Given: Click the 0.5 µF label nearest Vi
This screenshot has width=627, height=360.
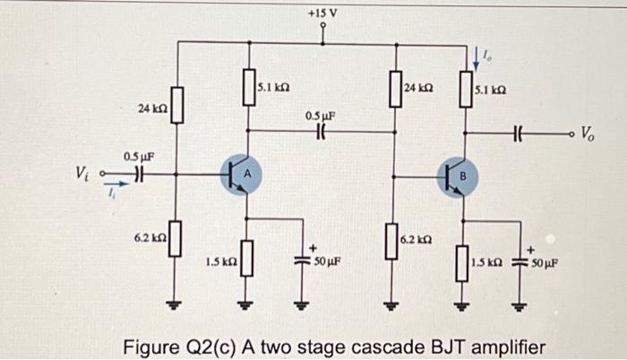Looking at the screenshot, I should (137, 155).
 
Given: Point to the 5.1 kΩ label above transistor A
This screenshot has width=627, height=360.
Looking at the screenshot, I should (272, 87).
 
